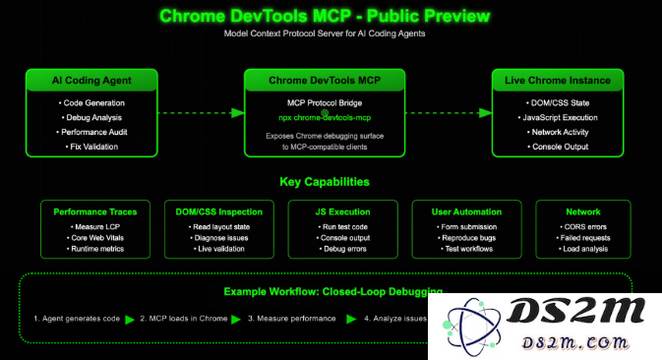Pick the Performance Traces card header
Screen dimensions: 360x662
94,210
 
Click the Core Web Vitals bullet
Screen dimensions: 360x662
95,237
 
